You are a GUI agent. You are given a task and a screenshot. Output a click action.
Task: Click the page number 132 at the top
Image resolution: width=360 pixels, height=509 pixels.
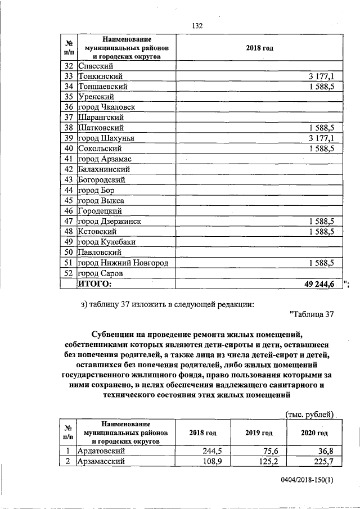pos(197,26)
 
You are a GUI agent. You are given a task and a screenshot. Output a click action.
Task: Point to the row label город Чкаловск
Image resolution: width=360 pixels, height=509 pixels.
pos(106,107)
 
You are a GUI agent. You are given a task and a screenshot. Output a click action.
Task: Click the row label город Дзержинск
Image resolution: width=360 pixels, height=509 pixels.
pos(109,222)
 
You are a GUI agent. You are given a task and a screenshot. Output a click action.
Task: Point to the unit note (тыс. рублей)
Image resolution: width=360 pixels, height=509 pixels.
pos(310,415)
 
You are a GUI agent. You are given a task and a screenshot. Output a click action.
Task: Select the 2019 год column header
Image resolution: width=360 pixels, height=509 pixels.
pos(259,433)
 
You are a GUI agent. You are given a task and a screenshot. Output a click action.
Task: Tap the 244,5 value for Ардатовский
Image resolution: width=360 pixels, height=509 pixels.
pos(214,451)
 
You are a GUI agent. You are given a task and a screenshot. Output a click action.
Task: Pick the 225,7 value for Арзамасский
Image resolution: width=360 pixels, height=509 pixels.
pos(323,461)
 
